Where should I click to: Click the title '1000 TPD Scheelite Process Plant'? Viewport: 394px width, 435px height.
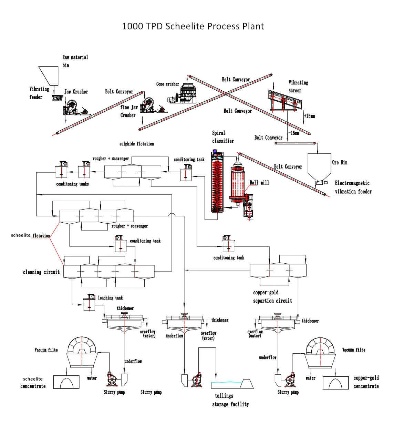(x=193, y=26)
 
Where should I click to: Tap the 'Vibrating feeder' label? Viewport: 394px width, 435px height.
(x=39, y=93)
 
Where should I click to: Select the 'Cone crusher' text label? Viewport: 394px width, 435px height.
(x=167, y=84)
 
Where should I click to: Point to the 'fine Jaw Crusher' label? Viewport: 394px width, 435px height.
(x=129, y=111)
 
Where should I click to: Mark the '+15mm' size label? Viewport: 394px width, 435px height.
(x=309, y=116)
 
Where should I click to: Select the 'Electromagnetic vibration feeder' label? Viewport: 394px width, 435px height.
(x=353, y=187)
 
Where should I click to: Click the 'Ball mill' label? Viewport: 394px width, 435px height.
(x=259, y=182)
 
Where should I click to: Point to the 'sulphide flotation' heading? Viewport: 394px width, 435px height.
(x=137, y=144)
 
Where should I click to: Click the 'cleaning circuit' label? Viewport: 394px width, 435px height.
(x=41, y=272)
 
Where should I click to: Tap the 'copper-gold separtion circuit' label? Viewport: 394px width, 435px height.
(x=272, y=296)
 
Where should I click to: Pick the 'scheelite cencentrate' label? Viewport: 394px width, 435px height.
(x=33, y=383)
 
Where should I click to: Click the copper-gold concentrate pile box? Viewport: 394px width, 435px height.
(x=336, y=383)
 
